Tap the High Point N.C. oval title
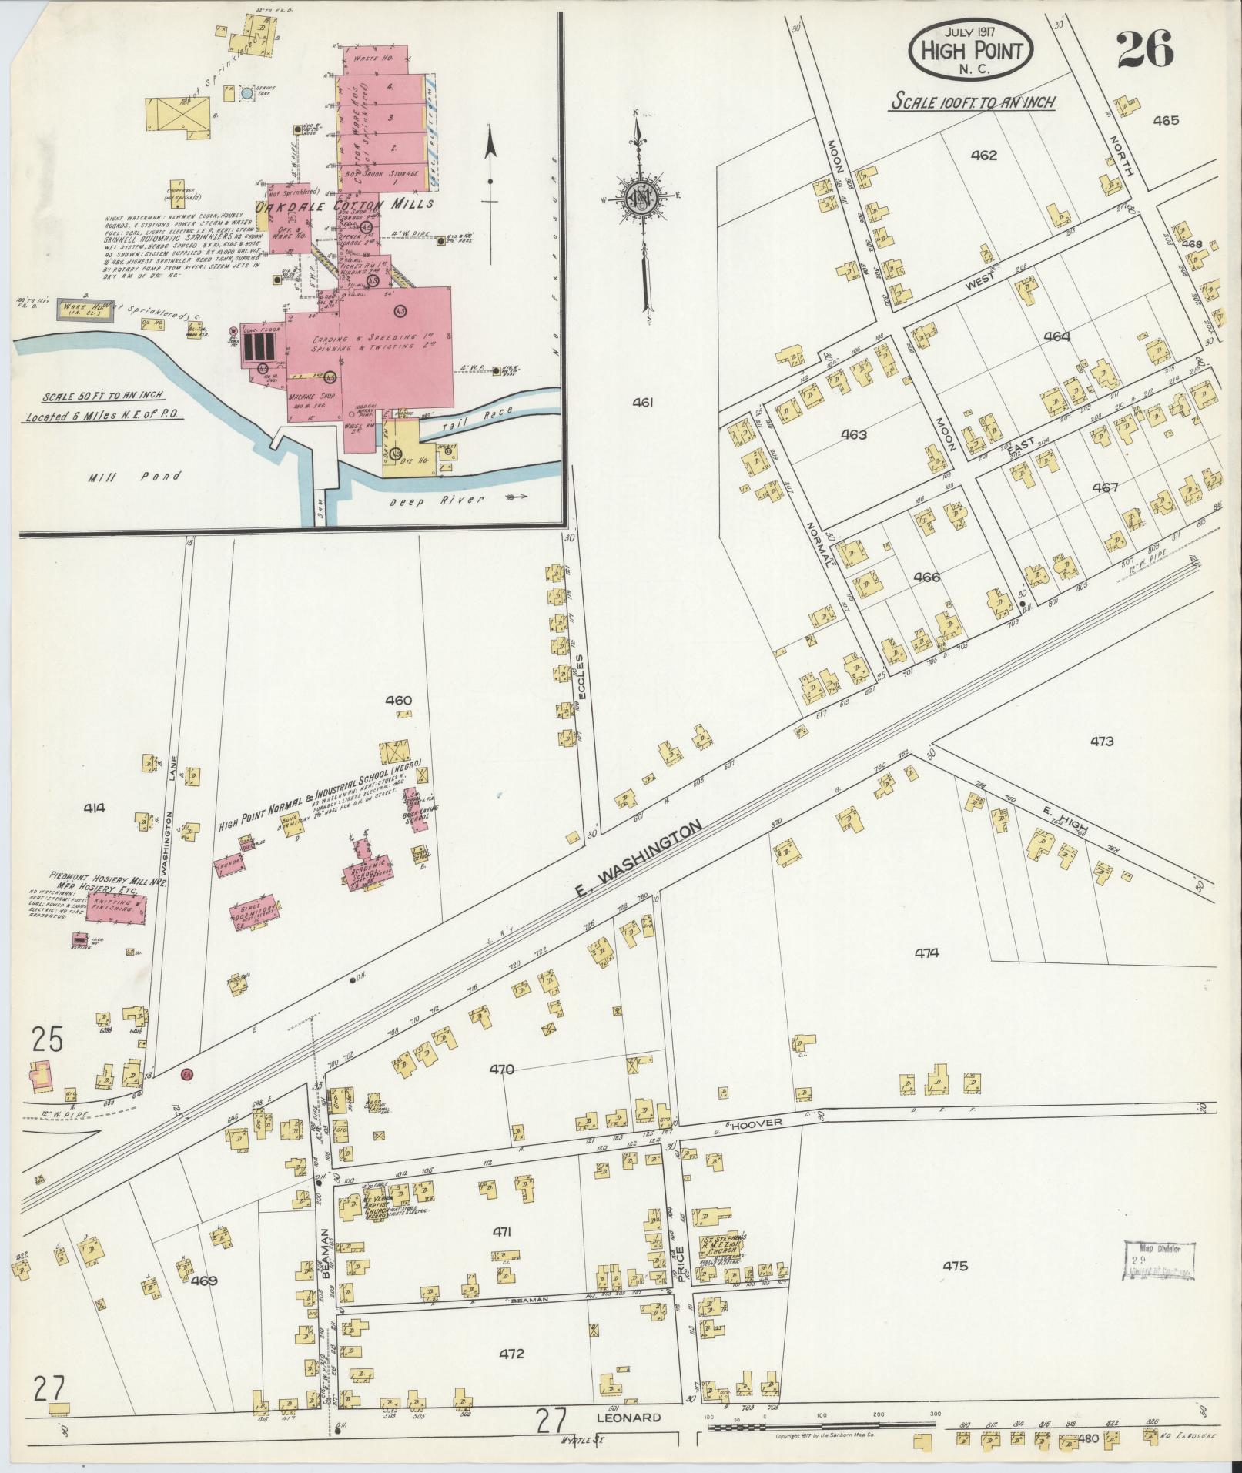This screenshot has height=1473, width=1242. coord(971,51)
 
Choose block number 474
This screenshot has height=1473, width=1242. coord(927,952)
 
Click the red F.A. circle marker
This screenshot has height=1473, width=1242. coord(186,1073)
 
